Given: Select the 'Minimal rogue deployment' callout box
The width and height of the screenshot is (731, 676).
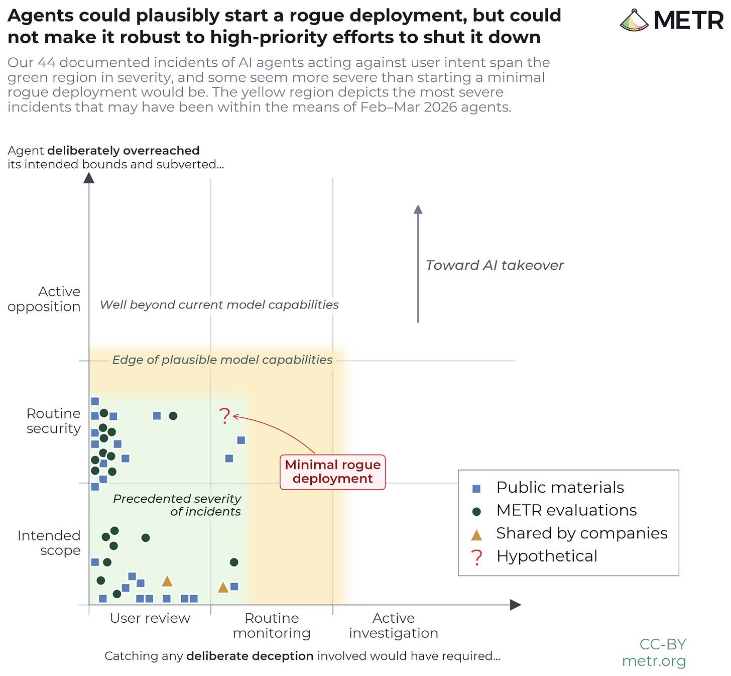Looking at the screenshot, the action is [332, 472].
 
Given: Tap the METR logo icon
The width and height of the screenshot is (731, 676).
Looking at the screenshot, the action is [634, 20].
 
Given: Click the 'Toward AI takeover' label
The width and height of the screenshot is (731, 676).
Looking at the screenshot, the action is [495, 265].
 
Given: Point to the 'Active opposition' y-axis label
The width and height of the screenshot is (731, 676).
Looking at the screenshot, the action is [44, 299].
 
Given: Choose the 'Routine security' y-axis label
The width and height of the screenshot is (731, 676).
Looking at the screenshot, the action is [53, 421].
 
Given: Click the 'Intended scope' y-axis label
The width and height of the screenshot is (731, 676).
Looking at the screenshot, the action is [49, 542].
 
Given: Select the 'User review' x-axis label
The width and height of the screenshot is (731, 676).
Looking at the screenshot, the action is [150, 618].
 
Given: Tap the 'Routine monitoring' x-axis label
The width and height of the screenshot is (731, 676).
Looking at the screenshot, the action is [272, 625].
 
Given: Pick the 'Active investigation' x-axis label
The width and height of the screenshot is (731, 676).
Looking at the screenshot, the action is [394, 625].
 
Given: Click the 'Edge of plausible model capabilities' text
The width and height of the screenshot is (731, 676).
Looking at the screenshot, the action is [222, 360].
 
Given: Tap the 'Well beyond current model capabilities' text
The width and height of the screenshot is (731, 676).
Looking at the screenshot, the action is [219, 305].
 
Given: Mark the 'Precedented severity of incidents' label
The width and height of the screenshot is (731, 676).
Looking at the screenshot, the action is [177, 505].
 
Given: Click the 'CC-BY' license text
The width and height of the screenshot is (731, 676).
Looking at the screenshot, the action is [663, 644].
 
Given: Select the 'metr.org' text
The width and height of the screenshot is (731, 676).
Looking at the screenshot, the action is [654, 661].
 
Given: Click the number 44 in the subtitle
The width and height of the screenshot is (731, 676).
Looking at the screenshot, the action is [46, 63].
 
